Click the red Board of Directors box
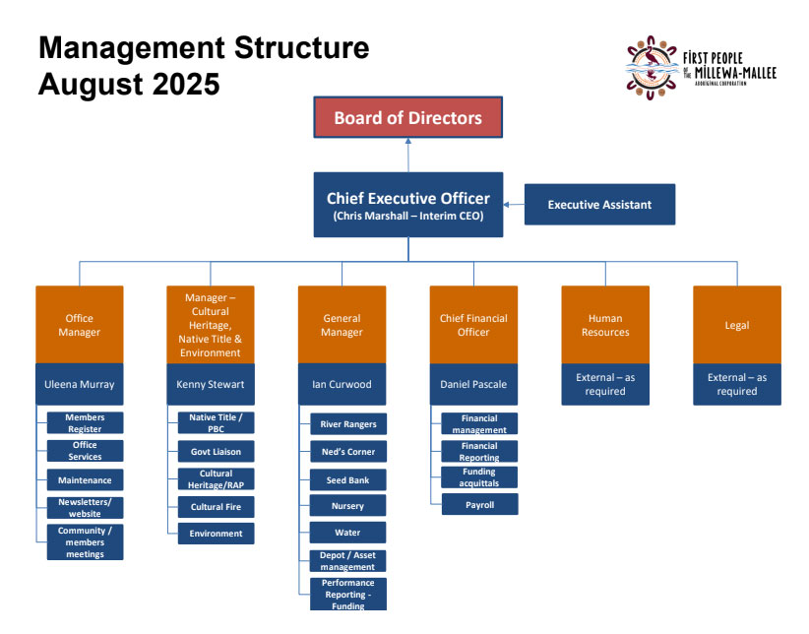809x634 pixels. point(407,118)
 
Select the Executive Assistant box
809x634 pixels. point(599,205)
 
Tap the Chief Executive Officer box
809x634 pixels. point(407,205)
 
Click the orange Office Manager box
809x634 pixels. point(80,325)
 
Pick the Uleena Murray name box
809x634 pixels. point(80,384)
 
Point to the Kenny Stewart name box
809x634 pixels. point(211,384)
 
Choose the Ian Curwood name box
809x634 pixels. point(342,384)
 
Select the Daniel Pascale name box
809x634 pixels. point(473,384)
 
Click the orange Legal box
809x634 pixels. point(736,325)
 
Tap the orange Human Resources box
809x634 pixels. point(605,325)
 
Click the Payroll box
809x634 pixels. point(480,505)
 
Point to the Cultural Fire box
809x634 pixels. point(216,506)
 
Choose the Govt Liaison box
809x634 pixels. point(216,451)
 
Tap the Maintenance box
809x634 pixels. point(85,479)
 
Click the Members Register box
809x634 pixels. point(85,423)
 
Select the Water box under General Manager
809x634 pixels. point(348,533)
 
